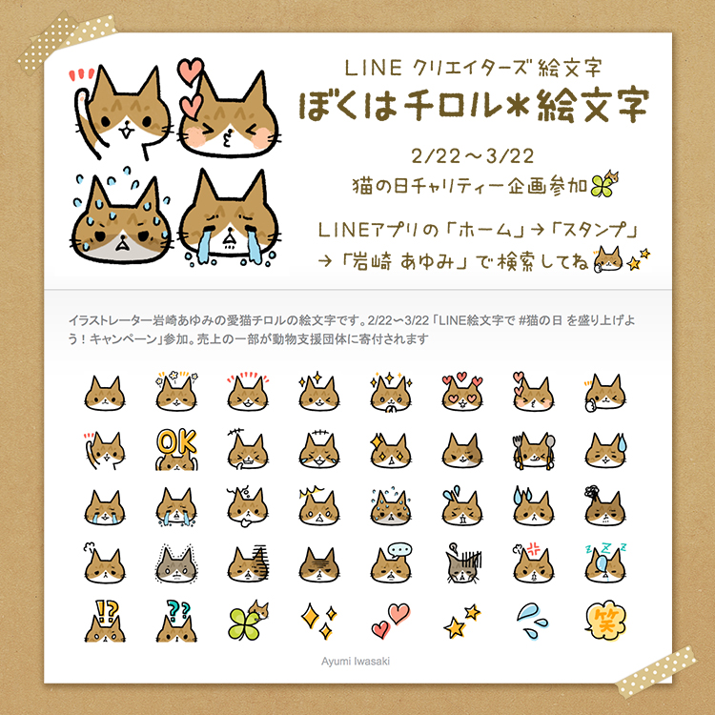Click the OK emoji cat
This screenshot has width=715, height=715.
(x=176, y=450)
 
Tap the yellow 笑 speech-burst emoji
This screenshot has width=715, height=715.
(x=605, y=621)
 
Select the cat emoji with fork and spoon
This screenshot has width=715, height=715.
(x=534, y=451)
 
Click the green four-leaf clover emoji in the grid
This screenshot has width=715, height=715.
(x=248, y=621)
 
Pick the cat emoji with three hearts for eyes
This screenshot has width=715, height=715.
(x=462, y=392)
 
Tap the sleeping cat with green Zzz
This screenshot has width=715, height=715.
(x=605, y=563)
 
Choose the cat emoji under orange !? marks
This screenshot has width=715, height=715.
(x=105, y=621)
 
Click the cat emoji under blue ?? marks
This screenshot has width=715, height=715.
(x=176, y=621)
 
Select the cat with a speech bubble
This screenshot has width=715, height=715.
(x=391, y=563)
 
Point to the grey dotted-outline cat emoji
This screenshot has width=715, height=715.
(x=176, y=564)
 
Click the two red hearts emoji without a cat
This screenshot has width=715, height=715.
(x=391, y=621)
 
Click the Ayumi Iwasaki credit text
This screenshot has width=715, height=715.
(x=356, y=662)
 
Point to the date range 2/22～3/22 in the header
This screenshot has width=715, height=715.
(x=473, y=156)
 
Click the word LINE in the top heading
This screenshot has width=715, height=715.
(x=373, y=68)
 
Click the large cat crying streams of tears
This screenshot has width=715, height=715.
(x=228, y=218)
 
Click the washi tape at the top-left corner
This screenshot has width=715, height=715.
(x=67, y=42)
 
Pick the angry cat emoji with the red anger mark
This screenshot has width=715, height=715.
(x=534, y=563)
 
